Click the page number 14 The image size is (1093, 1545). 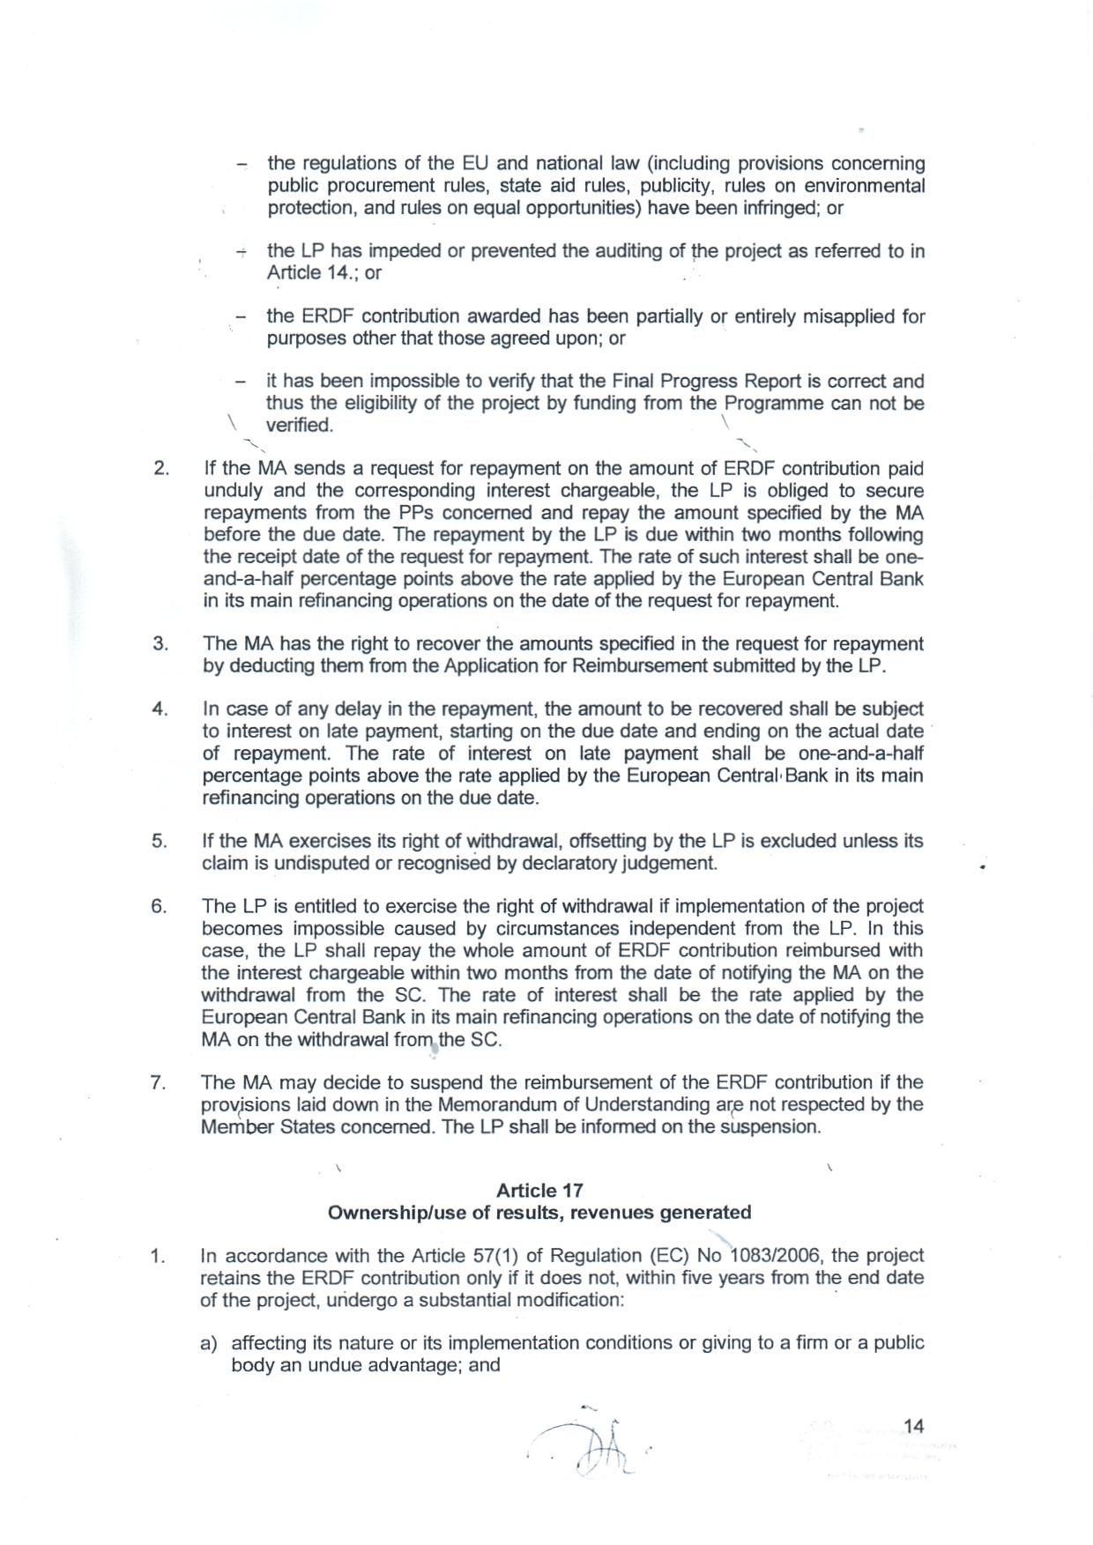pyautogui.click(x=913, y=1425)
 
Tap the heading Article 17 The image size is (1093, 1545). pyautogui.click(x=539, y=1191)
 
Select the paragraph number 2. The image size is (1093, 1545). pyautogui.click(x=161, y=468)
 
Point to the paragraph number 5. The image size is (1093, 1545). pyautogui.click(x=160, y=841)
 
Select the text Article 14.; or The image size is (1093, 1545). pyautogui.click(x=324, y=272)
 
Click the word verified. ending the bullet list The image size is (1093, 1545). pyautogui.click(x=300, y=425)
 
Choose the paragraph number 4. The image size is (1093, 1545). pyautogui.click(x=160, y=709)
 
